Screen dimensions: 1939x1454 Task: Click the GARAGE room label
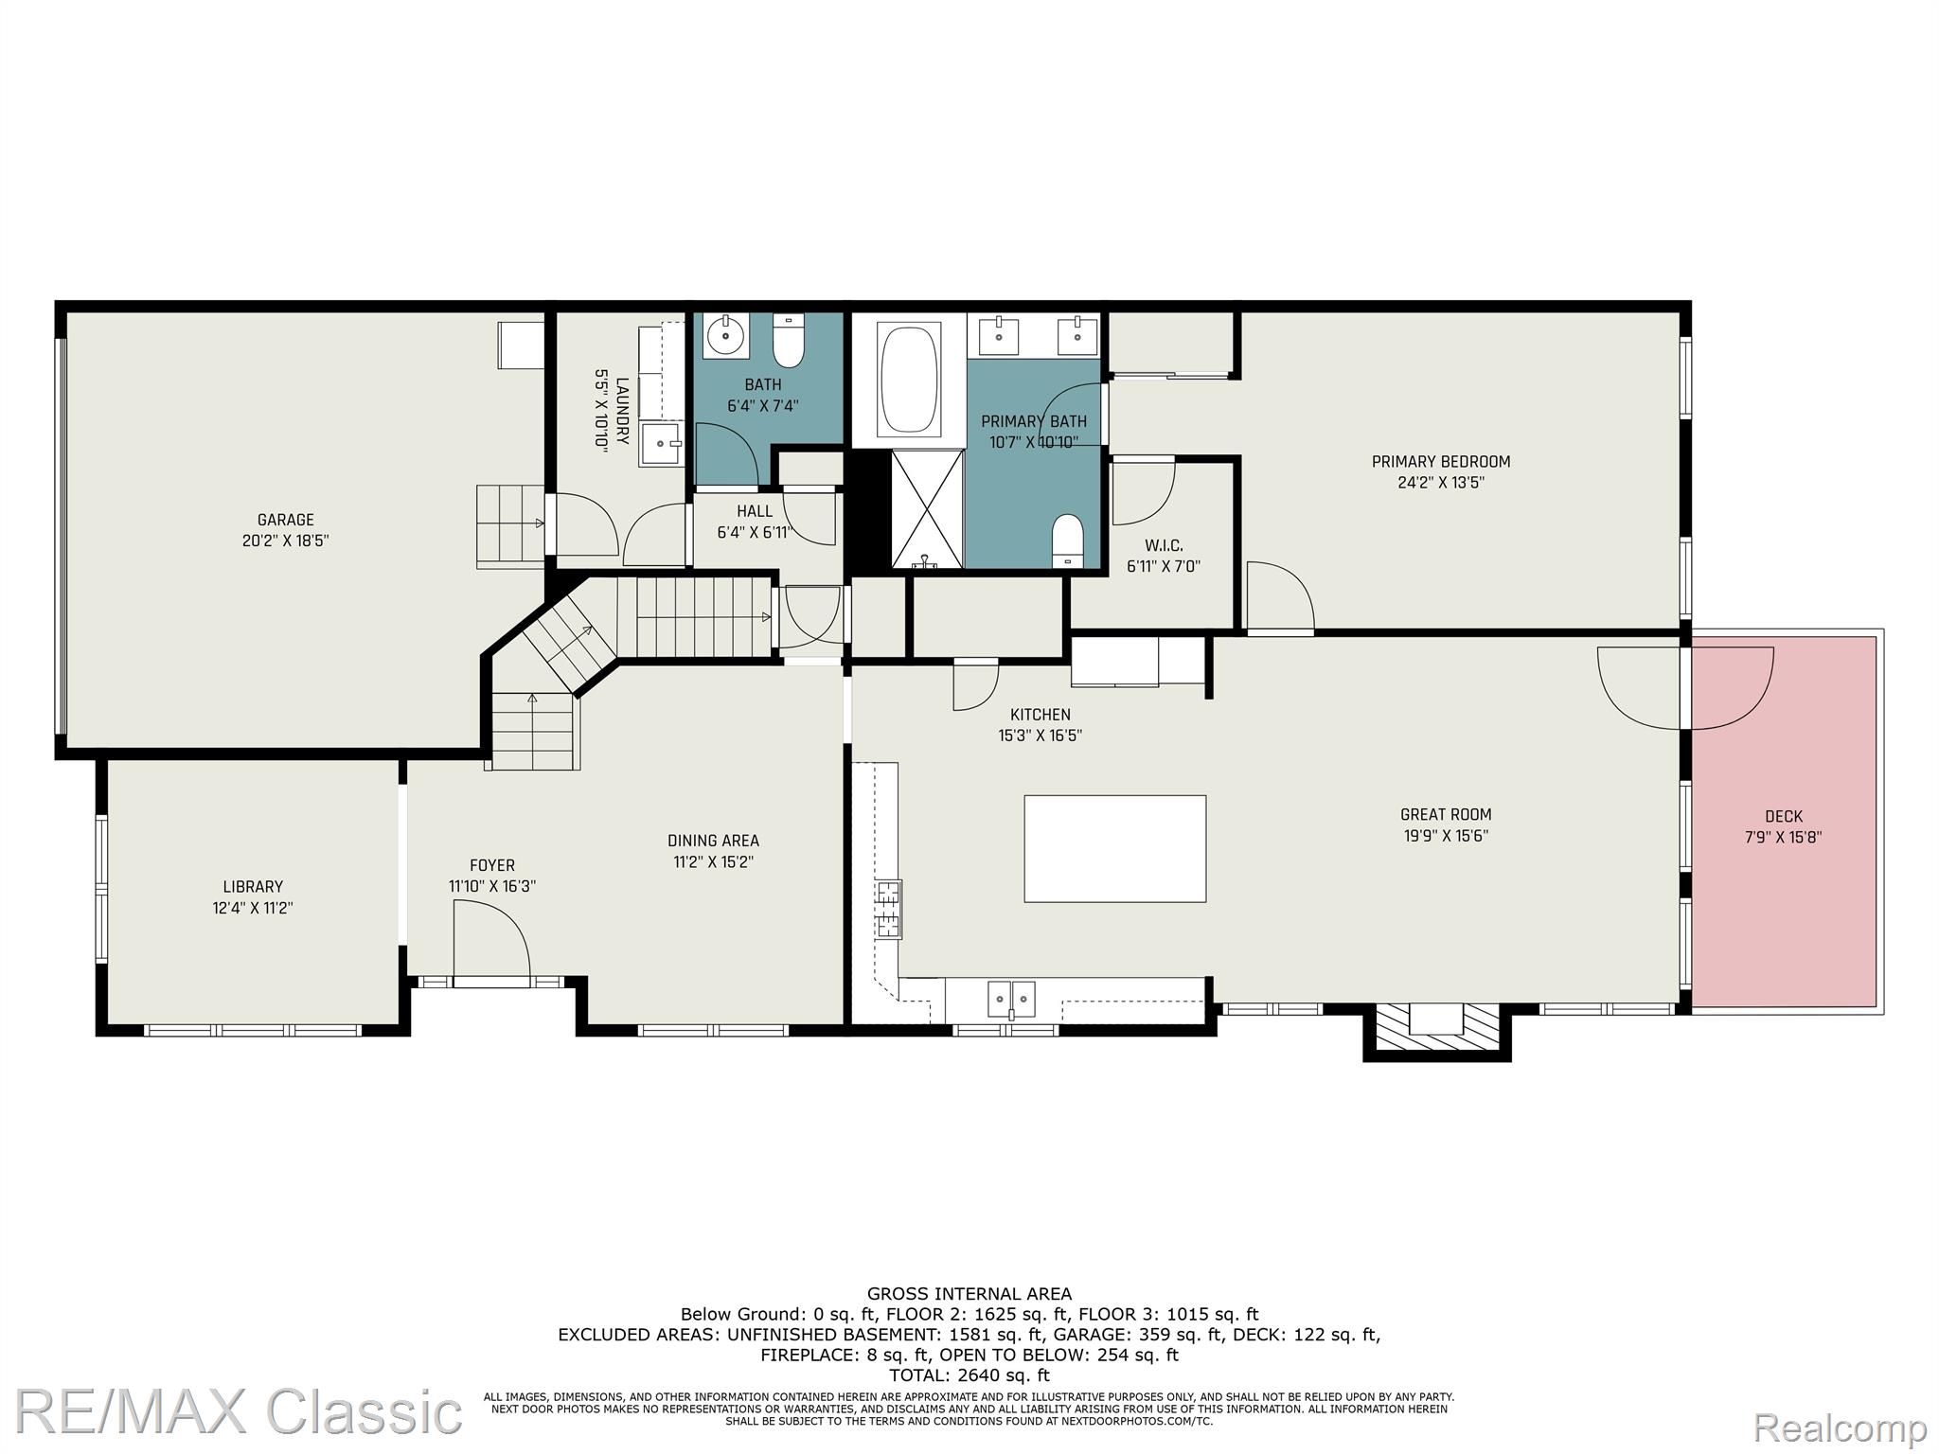click(x=286, y=520)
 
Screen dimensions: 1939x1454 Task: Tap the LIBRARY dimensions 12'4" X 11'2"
click(x=253, y=908)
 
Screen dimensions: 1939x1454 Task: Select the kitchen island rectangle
click(x=1115, y=848)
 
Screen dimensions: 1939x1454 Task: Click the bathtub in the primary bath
click(x=909, y=381)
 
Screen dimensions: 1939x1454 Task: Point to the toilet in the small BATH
click(x=788, y=341)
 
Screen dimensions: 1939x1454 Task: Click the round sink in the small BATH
click(x=727, y=336)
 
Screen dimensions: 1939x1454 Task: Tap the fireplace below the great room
click(x=1436, y=1031)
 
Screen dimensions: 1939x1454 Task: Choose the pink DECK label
click(x=1784, y=816)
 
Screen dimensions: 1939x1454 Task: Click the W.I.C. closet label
click(x=1164, y=545)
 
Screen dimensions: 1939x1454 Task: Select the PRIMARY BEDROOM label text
click(x=1441, y=462)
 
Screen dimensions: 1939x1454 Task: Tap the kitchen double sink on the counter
click(x=1011, y=999)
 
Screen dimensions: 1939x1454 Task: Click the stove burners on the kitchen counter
click(x=889, y=909)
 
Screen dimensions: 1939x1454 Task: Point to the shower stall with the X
click(x=928, y=509)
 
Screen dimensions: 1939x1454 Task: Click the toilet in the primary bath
click(x=1067, y=541)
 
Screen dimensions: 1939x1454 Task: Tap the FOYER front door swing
click(x=492, y=942)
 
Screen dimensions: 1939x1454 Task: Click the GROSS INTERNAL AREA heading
click(x=969, y=1294)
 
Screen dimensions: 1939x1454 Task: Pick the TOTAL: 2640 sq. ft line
click(x=969, y=1375)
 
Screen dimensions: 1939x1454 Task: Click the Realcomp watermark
click(x=1841, y=1427)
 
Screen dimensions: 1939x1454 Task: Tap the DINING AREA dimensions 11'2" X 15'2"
click(x=713, y=862)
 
